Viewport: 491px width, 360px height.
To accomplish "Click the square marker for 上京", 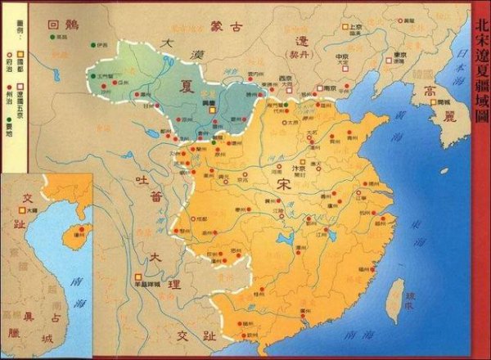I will point(347,28).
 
